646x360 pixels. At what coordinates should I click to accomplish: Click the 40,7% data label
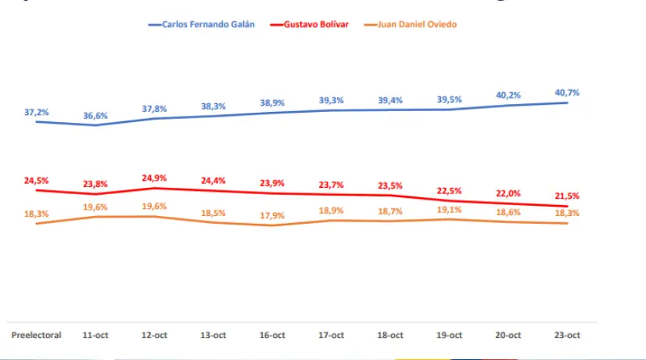(567, 92)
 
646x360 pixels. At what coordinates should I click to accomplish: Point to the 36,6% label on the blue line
(95, 115)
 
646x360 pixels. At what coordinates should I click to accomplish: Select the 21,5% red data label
(567, 196)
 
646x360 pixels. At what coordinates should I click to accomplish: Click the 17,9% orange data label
(272, 216)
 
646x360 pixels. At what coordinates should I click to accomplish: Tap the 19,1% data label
(449, 210)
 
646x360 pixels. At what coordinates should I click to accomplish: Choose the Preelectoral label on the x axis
(36, 335)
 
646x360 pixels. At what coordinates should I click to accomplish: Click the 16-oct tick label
(272, 335)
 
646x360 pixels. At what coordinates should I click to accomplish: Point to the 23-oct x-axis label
(567, 335)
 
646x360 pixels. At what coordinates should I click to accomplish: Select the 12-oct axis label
(154, 335)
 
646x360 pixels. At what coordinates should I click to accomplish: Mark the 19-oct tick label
(449, 335)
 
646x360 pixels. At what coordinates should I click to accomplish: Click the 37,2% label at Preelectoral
(36, 112)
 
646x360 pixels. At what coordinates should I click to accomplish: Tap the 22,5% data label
(449, 190)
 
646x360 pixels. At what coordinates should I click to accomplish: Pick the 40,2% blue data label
(508, 96)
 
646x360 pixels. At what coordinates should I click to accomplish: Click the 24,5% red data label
(36, 180)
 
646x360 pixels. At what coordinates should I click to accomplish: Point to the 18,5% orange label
(214, 212)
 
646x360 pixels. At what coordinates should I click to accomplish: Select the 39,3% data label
(331, 100)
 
